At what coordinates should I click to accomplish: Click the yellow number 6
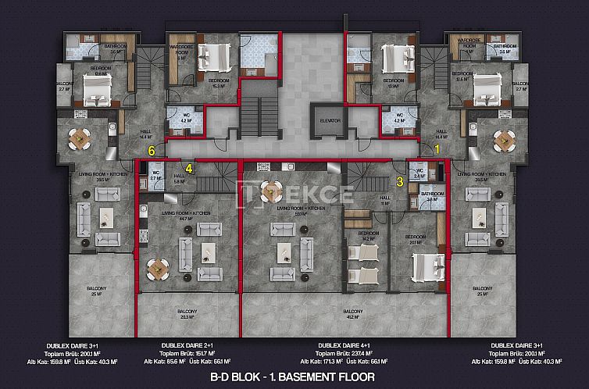(153, 149)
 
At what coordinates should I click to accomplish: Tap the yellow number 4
(188, 165)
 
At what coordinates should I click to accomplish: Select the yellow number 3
(400, 182)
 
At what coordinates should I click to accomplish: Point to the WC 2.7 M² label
(155, 176)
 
